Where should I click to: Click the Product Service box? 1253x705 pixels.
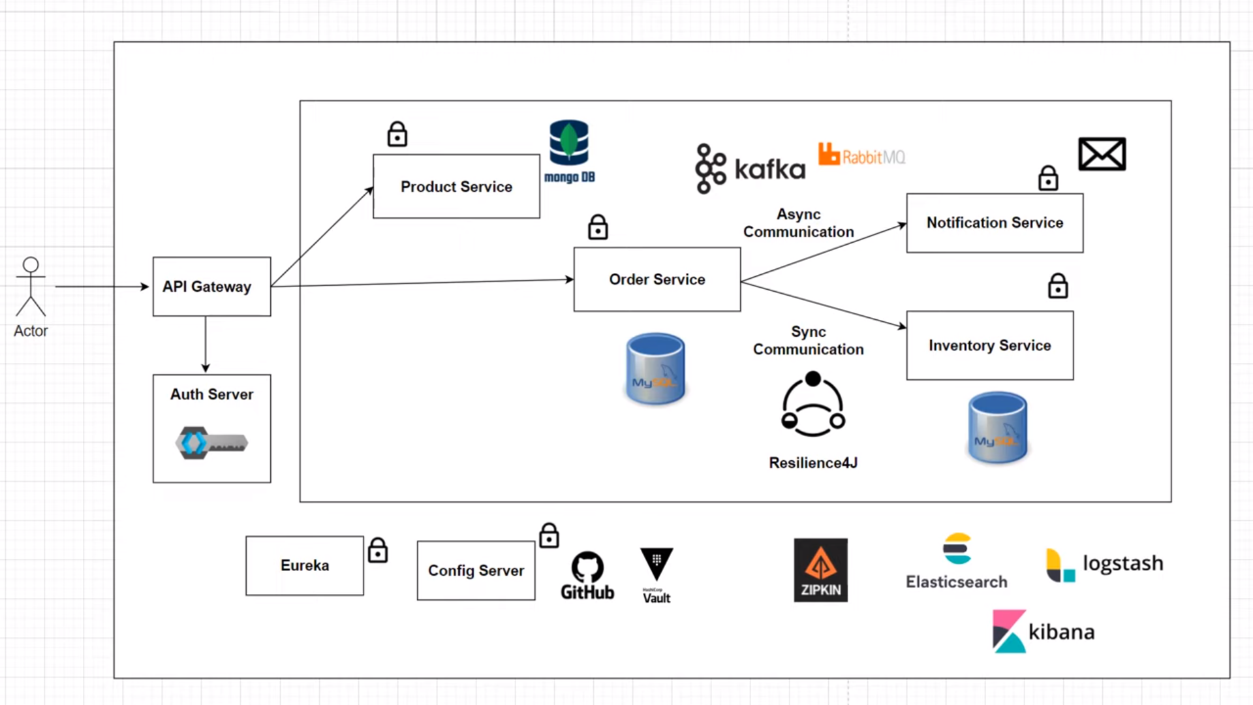tap(456, 187)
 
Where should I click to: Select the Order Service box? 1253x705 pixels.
tap(657, 279)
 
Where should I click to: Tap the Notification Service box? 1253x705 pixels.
tap(995, 223)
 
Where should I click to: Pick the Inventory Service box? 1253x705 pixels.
tap(989, 345)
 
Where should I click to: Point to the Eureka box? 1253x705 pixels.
tap(304, 565)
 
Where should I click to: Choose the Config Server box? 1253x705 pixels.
tap(476, 571)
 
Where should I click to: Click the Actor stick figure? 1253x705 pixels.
tap(31, 287)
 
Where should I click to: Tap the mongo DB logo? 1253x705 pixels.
tap(569, 151)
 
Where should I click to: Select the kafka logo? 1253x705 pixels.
tap(750, 169)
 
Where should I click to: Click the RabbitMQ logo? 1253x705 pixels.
tap(861, 155)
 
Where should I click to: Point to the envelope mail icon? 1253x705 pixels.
tap(1102, 154)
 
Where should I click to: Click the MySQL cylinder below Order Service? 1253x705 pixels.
tap(655, 369)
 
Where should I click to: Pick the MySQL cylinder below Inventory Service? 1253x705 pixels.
tap(997, 428)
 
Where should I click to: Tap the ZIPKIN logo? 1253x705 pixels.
tap(820, 570)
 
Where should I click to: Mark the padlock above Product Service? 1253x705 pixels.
tap(397, 134)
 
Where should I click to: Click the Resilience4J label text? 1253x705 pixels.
tap(813, 463)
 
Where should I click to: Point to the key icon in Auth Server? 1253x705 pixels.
tap(211, 443)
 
